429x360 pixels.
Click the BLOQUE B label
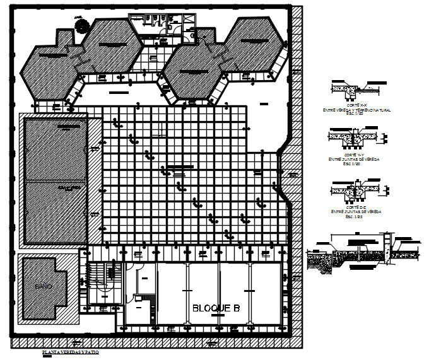216,308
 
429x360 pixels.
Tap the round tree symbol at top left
81,25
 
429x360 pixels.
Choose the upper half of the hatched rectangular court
55,149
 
